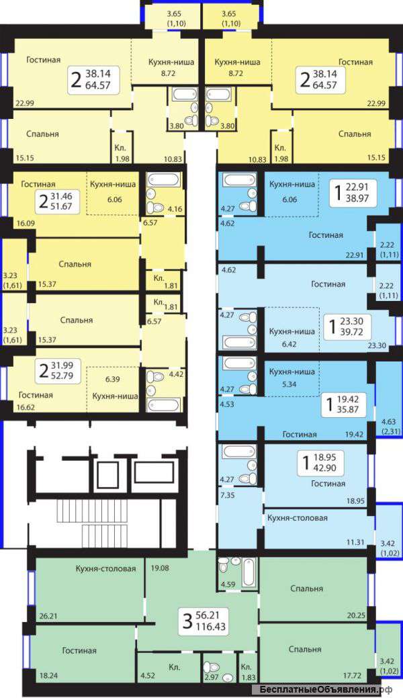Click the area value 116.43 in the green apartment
210,627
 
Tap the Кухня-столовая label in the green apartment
105,568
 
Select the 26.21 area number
48,617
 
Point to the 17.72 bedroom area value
353,675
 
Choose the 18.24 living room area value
48,675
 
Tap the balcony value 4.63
384,422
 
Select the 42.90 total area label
325,468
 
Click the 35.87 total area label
347,409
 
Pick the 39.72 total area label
351,332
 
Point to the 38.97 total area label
357,198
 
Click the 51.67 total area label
61,206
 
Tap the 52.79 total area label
62,376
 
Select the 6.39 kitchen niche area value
111,379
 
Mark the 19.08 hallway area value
159,568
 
